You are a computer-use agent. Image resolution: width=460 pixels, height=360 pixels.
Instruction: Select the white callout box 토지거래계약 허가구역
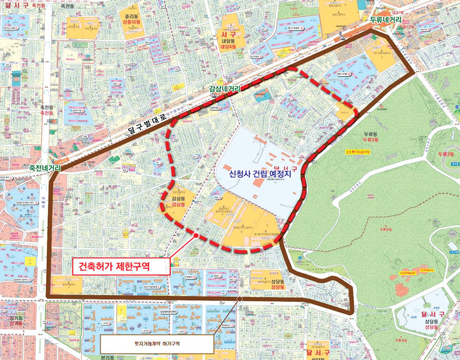click(157, 343)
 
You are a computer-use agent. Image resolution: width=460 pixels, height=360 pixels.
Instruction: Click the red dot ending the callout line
click(196, 236)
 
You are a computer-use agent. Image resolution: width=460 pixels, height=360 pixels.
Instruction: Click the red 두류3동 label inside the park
click(445, 153)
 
